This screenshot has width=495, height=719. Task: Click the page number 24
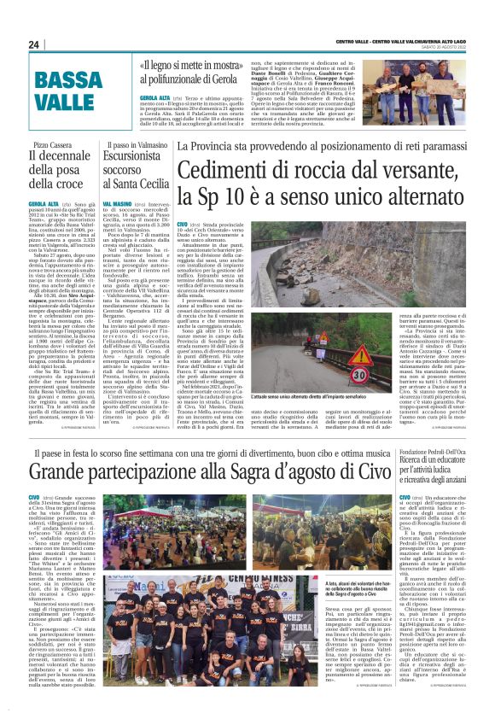pyautogui.click(x=34, y=44)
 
